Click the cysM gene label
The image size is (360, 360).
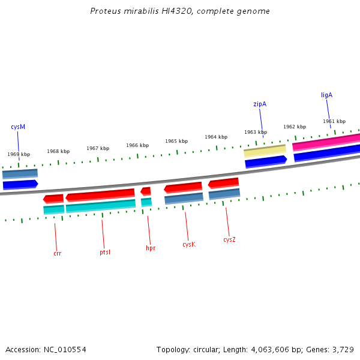tap(18, 127)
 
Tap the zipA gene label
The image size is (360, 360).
tap(260, 104)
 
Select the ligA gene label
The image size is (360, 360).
tap(326, 95)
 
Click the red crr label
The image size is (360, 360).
tap(57, 254)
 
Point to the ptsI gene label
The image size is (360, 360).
tap(105, 253)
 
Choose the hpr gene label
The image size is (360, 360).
tap(151, 248)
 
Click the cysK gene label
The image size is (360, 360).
tap(189, 245)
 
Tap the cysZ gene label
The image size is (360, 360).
tap(229, 240)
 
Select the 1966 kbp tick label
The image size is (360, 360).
tap(137, 146)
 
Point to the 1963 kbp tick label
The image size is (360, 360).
tap(256, 133)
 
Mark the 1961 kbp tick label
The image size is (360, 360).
tap(334, 122)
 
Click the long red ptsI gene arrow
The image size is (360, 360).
tap(100, 195)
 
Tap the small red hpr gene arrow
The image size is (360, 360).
tap(146, 191)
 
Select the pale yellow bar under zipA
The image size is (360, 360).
tap(265, 151)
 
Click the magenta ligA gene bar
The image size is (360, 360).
tap(326, 142)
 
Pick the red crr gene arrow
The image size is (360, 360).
tap(53, 199)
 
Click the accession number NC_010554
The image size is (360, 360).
tap(64, 350)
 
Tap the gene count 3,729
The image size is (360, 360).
tap(342, 350)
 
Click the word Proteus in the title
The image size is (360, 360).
tap(104, 11)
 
